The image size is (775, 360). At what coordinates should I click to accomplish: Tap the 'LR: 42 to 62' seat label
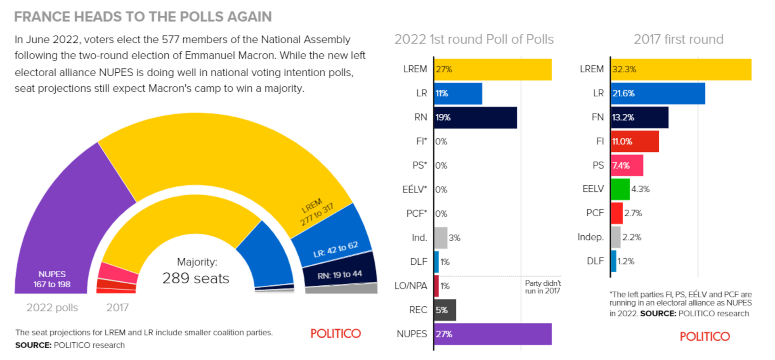(335, 250)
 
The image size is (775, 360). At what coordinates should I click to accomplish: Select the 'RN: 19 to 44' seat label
(339, 275)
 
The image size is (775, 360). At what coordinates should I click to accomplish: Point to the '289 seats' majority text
(196, 278)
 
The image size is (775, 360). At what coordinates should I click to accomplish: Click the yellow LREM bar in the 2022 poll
(493, 69)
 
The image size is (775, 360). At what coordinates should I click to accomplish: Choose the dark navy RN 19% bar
(475, 117)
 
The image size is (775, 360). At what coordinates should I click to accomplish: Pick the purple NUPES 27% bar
(493, 334)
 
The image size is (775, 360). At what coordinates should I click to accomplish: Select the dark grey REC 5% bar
(445, 310)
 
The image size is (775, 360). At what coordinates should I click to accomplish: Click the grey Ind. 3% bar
(441, 238)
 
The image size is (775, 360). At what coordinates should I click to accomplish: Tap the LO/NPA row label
(411, 286)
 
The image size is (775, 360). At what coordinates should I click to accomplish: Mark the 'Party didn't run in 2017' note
(542, 287)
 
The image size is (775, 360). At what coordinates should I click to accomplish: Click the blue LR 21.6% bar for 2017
(658, 93)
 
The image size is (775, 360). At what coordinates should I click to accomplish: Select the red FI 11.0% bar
(635, 141)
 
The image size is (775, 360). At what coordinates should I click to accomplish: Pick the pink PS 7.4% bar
(627, 165)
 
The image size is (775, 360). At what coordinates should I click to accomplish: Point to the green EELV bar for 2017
(620, 189)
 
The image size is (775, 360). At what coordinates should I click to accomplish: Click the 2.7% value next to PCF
(633, 213)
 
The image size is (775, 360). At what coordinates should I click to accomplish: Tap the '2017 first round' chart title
(678, 39)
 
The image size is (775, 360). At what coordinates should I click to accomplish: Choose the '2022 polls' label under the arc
(52, 308)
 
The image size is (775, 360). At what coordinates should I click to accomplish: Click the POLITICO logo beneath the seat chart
(335, 333)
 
